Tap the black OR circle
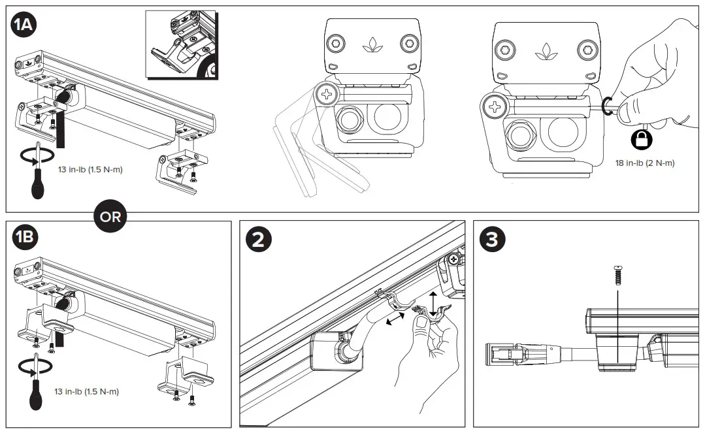(x=111, y=216)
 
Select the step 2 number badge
(x=258, y=239)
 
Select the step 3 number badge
(x=491, y=239)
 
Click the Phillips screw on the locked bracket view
(x=494, y=106)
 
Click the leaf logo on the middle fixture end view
(x=370, y=45)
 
